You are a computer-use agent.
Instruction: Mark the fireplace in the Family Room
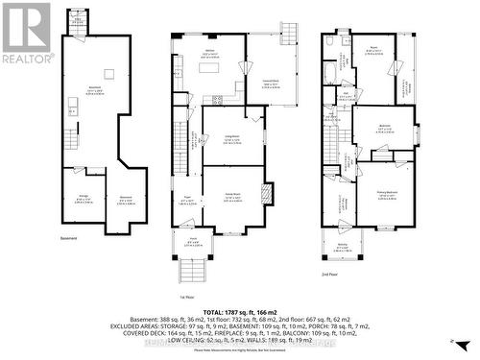tap(267, 191)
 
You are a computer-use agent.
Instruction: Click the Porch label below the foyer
tap(192, 243)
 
